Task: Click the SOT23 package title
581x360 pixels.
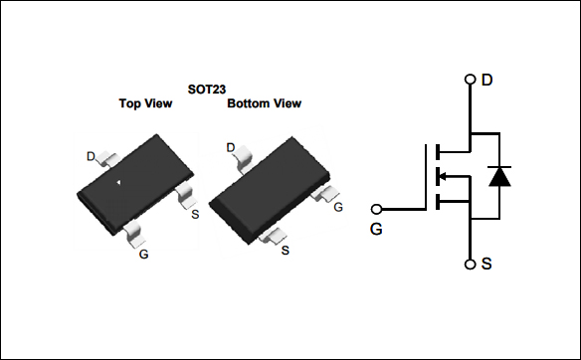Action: (x=206, y=89)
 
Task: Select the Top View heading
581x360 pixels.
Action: (x=145, y=103)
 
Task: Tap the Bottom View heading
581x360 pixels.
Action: (x=264, y=103)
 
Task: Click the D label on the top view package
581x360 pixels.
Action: (x=91, y=156)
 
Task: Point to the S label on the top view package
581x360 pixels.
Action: (x=194, y=213)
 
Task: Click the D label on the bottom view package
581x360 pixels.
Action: (x=231, y=148)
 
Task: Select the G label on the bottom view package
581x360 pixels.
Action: (x=338, y=207)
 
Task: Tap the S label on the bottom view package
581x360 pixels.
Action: (x=286, y=250)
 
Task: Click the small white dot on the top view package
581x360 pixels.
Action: (x=119, y=183)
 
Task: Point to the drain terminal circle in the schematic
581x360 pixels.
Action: (x=470, y=80)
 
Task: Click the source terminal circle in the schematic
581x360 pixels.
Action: (x=470, y=265)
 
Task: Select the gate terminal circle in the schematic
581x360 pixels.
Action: (x=376, y=210)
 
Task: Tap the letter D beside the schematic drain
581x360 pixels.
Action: (x=486, y=80)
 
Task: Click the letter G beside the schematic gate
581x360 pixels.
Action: (x=376, y=229)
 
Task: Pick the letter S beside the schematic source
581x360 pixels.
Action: (x=486, y=265)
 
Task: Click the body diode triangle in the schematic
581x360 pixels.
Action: (x=501, y=178)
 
